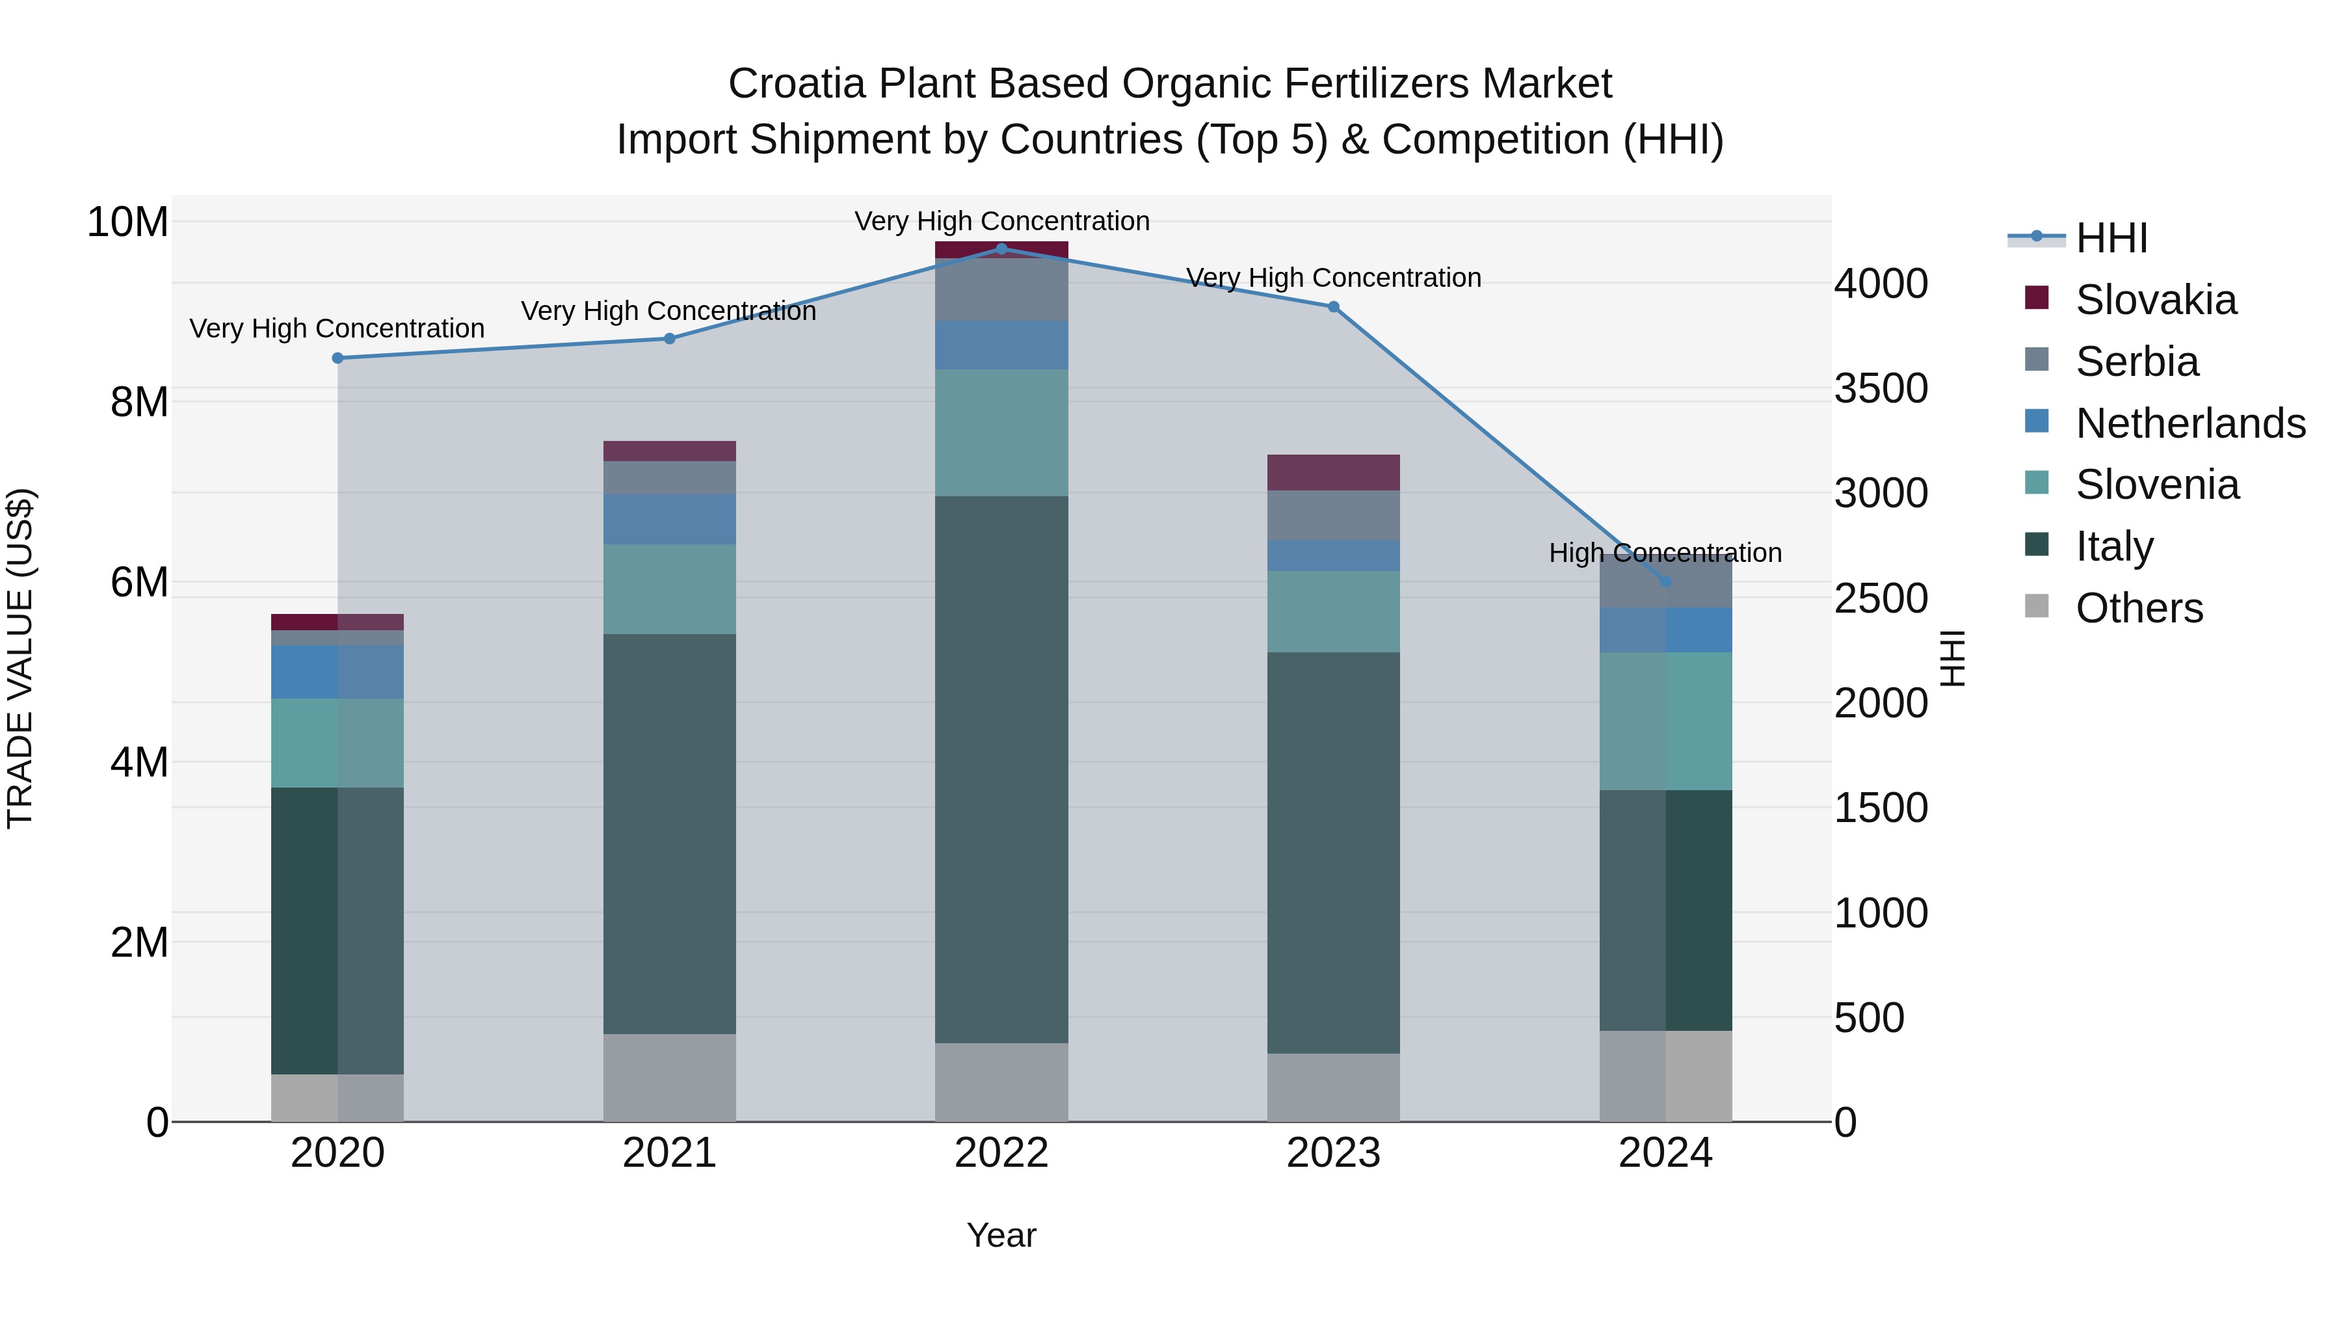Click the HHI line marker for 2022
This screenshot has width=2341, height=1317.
point(1001,248)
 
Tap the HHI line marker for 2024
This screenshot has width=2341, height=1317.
point(1665,581)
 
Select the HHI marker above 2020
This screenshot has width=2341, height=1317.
point(337,358)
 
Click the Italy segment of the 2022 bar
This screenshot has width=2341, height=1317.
point(1001,769)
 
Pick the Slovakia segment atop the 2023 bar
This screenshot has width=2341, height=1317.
point(1333,473)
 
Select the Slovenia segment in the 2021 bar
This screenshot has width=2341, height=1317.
point(669,589)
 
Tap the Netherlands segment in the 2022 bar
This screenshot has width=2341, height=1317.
point(1001,345)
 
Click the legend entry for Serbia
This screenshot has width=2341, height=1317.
point(2136,362)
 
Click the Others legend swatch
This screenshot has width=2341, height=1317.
point(2037,606)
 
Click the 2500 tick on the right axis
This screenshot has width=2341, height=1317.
point(1880,599)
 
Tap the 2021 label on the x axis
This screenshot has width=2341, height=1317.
point(669,1153)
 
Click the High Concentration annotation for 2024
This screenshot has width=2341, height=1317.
point(1665,553)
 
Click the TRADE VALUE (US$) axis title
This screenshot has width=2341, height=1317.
point(20,658)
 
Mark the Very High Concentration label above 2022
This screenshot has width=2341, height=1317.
point(1001,221)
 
